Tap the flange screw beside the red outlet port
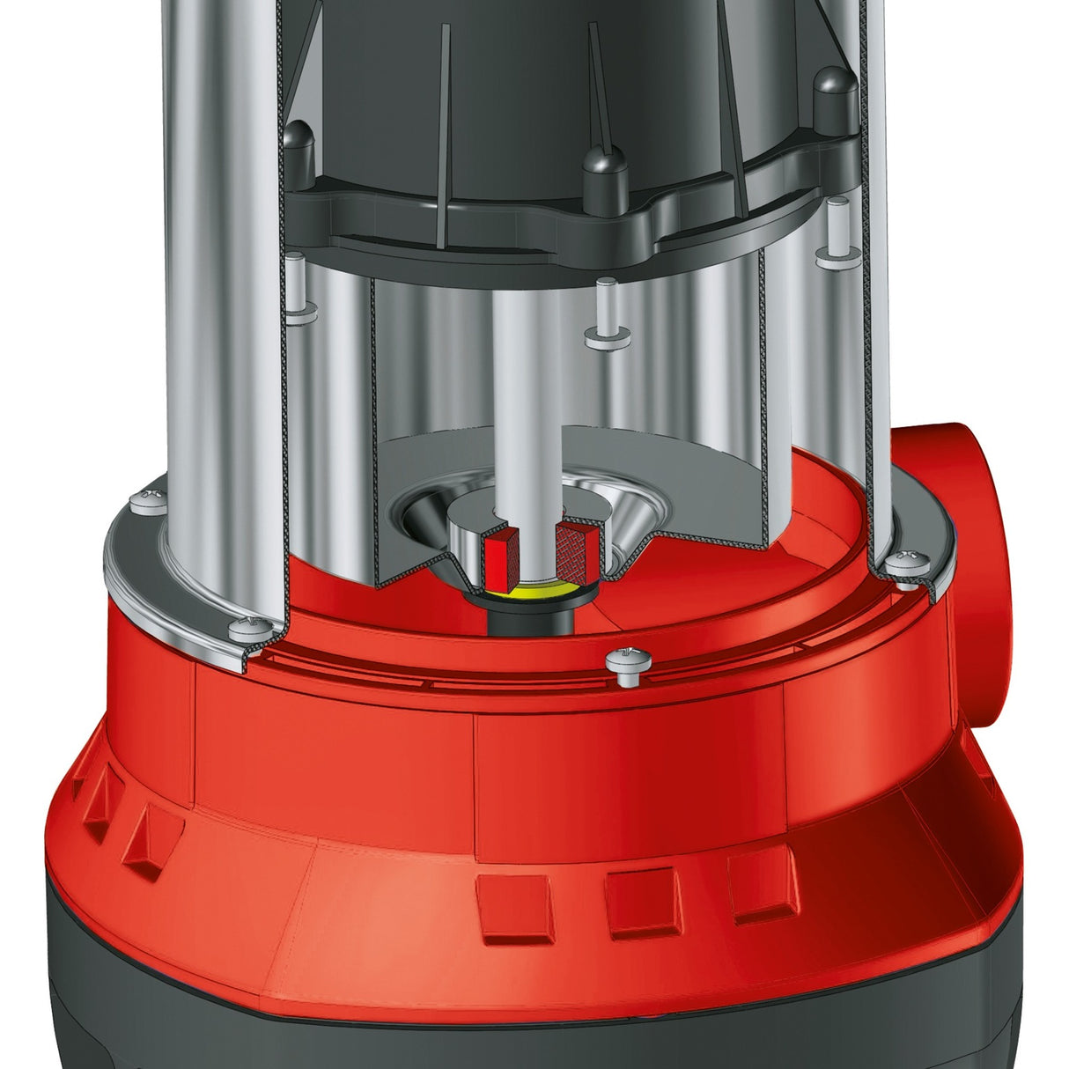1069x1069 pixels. [x=906, y=566]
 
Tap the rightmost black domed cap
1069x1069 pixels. [x=833, y=92]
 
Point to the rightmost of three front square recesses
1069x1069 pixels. [x=761, y=888]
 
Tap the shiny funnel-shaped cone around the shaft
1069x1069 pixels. [x=616, y=528]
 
